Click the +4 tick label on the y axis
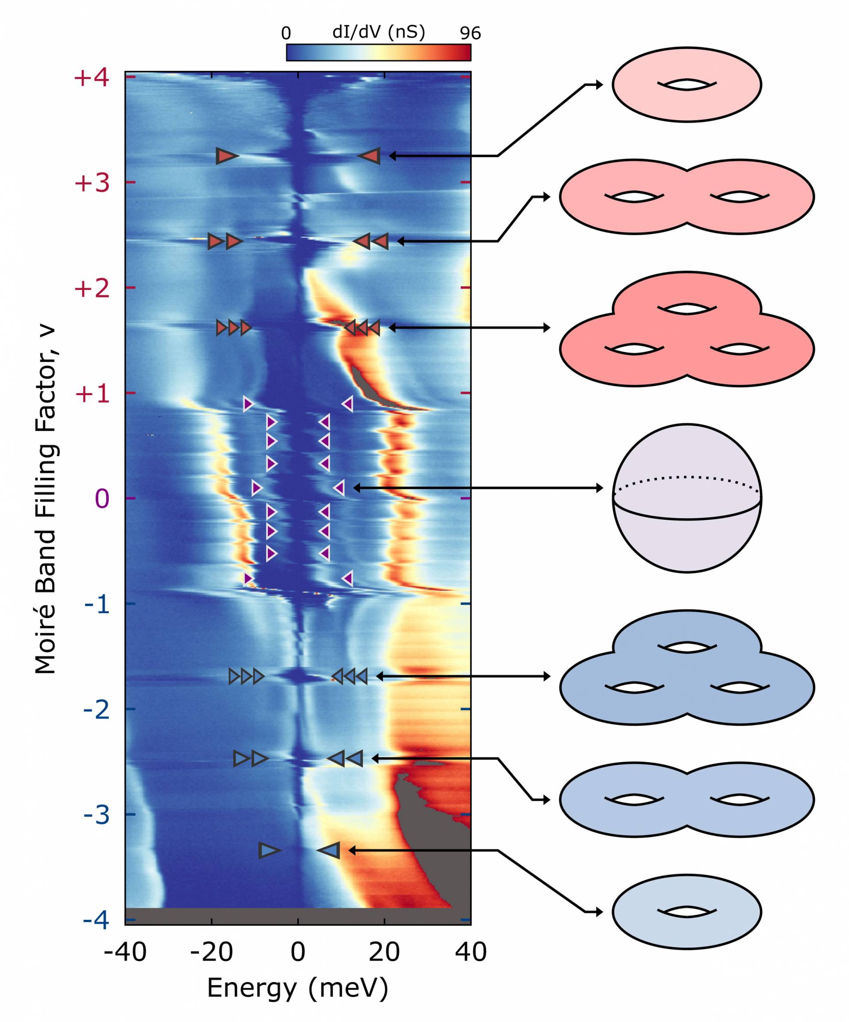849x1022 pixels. click(91, 78)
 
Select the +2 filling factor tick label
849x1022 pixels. click(91, 289)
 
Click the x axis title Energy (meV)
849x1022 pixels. click(298, 988)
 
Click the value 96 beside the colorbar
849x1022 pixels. click(470, 34)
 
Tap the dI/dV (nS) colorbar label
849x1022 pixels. click(378, 32)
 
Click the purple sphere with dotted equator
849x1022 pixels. click(686, 498)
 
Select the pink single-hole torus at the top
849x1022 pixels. click(686, 84)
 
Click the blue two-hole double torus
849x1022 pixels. click(686, 800)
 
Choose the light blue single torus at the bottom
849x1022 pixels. click(686, 911)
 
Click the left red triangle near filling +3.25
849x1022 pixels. click(226, 156)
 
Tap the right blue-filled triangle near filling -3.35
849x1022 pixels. click(330, 850)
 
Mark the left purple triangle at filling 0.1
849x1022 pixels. click(256, 488)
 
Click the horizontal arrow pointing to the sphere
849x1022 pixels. click(477, 488)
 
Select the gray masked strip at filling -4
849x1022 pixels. click(298, 916)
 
